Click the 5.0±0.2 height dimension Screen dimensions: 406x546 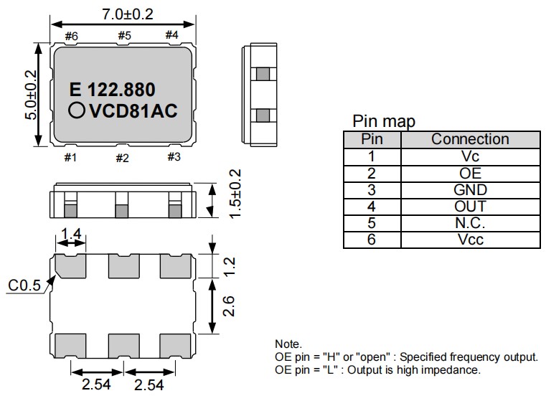[31, 95]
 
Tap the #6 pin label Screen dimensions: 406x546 [71, 36]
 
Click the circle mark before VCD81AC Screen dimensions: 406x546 [76, 111]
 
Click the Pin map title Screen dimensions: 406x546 [384, 121]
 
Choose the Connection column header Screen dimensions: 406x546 [470, 139]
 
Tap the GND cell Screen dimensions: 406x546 [470, 190]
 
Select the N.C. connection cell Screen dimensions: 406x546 [470, 223]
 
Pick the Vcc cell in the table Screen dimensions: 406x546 [470, 240]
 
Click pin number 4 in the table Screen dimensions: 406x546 [371, 207]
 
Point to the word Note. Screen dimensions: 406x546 [288, 344]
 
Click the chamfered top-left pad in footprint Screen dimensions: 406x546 [70, 267]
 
